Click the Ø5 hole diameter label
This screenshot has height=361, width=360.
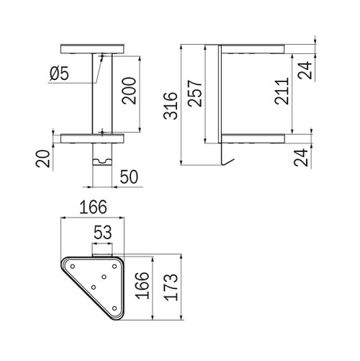59,73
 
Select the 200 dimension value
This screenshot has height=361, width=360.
129,91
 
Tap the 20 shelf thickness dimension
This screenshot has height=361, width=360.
43,159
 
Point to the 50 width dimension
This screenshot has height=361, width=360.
129,177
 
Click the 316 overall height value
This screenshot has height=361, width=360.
171,106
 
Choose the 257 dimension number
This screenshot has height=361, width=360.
195,93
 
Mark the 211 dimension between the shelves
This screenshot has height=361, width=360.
282,91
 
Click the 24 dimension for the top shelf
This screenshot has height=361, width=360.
305,71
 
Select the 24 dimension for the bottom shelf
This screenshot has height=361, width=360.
301,158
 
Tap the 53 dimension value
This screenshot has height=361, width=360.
103,232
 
